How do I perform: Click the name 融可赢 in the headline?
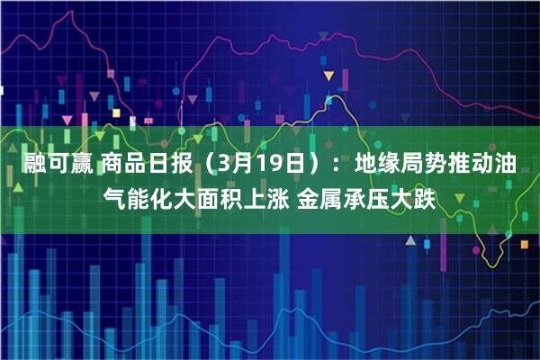coord(53,166)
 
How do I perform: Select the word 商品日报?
coord(144,166)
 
